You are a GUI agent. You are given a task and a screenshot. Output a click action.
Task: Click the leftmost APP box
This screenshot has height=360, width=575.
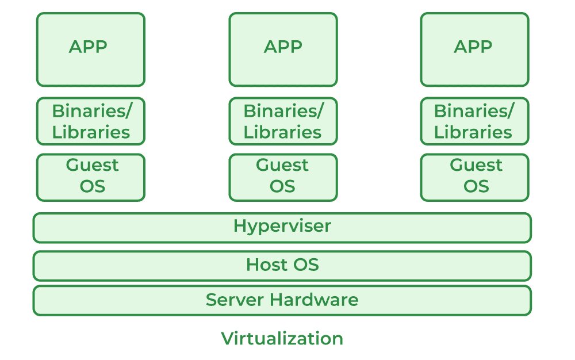pyautogui.click(x=90, y=49)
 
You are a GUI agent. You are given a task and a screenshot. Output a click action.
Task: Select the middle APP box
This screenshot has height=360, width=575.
pyautogui.click(x=283, y=49)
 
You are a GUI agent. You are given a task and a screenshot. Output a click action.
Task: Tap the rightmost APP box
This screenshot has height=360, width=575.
pyautogui.click(x=474, y=49)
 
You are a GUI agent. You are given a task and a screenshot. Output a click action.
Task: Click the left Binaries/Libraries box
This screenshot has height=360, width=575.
pyautogui.click(x=90, y=121)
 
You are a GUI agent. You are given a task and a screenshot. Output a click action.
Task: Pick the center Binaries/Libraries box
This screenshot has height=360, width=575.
pyautogui.click(x=283, y=121)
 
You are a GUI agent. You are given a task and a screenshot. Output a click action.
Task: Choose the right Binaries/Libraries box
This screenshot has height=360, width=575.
pyautogui.click(x=474, y=121)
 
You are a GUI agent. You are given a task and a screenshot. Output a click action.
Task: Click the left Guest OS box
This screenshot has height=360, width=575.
pyautogui.click(x=90, y=177)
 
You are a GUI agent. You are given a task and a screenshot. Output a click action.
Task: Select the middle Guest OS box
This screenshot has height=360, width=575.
pyautogui.click(x=283, y=177)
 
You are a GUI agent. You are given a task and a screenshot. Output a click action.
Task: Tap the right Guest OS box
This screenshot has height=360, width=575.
pyautogui.click(x=474, y=177)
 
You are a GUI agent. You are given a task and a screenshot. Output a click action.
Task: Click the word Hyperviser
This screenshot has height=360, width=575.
pyautogui.click(x=282, y=226)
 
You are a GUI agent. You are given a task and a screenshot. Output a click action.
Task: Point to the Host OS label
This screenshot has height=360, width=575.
pyautogui.click(x=282, y=265)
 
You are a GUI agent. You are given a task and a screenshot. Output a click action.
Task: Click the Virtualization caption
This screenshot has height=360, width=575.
pyautogui.click(x=282, y=338)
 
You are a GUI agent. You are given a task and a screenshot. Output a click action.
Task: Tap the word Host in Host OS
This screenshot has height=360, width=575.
pyautogui.click(x=266, y=265)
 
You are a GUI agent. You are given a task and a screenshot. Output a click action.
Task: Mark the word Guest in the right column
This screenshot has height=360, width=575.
pyautogui.click(x=476, y=166)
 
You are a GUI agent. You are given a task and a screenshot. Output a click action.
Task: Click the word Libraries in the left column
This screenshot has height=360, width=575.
pyautogui.click(x=91, y=132)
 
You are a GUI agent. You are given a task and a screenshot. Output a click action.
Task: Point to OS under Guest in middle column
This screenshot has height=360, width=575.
pyautogui.click(x=282, y=187)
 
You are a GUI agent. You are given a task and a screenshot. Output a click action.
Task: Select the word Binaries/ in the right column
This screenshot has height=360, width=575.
pyautogui.click(x=474, y=110)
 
